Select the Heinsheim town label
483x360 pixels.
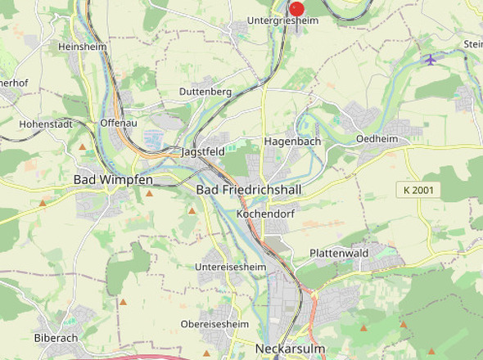(83, 47)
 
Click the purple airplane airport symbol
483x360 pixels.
(431, 59)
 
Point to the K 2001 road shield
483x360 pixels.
(418, 190)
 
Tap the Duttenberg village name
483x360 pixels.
(205, 92)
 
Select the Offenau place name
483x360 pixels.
(117, 122)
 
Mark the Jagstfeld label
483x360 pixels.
(203, 152)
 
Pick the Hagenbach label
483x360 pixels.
(292, 142)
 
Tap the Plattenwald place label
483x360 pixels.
(339, 254)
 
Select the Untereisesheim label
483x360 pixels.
(231, 267)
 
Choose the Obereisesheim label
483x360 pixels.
(214, 324)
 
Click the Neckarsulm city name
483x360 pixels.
(291, 349)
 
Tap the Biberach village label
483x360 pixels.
(56, 337)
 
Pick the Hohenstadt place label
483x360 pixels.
(46, 124)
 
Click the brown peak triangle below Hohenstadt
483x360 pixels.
(83, 147)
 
